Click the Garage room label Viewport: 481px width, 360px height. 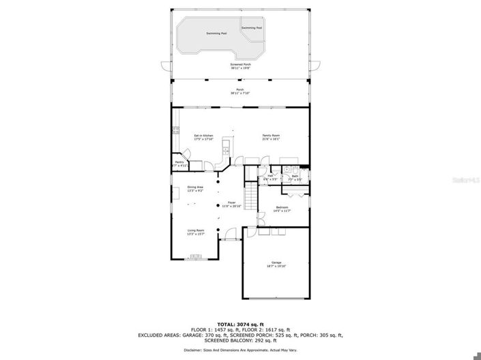[x=276, y=263]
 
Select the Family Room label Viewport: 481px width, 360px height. [x=272, y=137]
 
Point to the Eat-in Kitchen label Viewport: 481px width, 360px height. [x=203, y=137]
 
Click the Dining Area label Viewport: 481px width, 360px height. [x=196, y=188]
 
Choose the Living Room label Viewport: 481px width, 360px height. [x=196, y=232]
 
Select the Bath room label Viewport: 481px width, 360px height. [x=295, y=177]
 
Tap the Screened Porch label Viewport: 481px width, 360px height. [x=240, y=65]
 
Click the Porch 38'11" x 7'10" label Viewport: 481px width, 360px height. [x=240, y=91]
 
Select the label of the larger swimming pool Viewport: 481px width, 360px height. [x=216, y=33]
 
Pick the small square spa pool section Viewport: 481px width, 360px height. [x=251, y=28]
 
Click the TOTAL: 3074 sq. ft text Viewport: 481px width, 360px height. [x=240, y=325]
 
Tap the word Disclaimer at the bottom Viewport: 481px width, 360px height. [x=193, y=350]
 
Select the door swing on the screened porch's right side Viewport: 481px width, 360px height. [x=315, y=66]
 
